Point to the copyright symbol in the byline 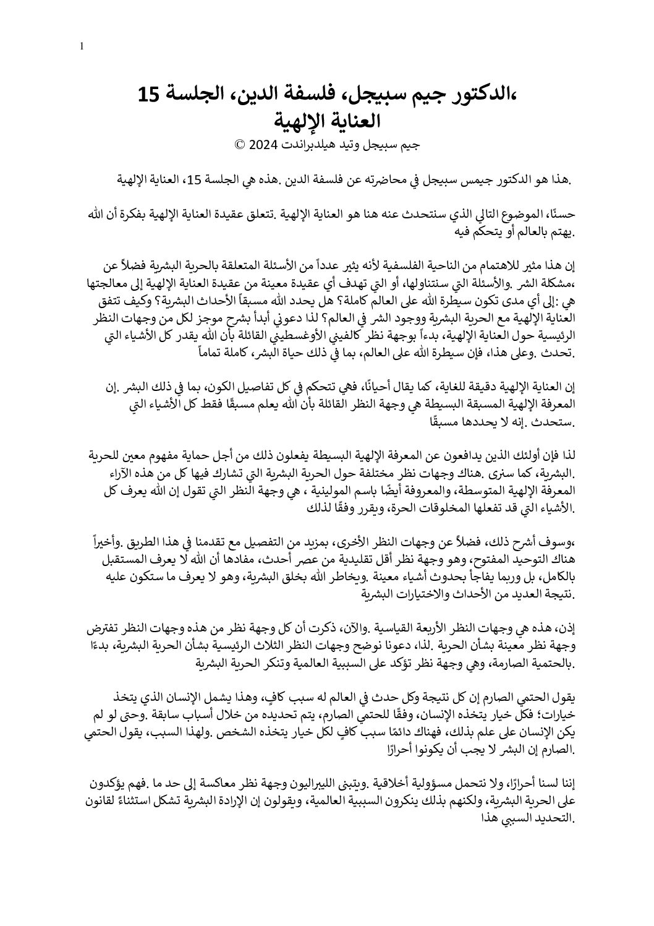tap(240, 146)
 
